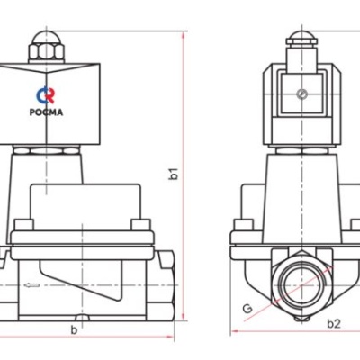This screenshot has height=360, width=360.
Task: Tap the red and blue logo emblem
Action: coord(46,95)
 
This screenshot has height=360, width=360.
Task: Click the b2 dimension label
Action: coord(333,322)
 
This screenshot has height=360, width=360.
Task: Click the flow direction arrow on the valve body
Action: coord(31,287)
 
